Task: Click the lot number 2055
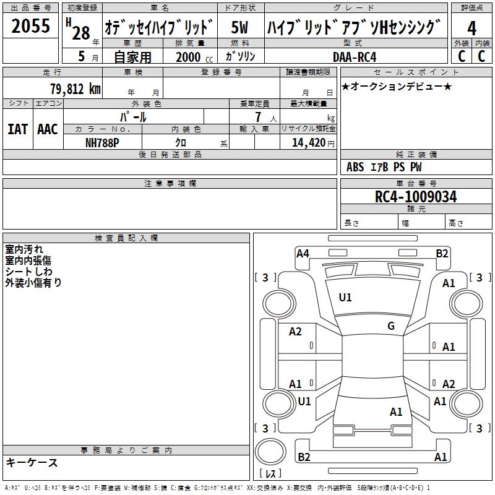30,25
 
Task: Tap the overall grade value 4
471,28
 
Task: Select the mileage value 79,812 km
75,88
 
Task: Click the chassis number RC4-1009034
416,196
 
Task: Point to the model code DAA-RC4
355,57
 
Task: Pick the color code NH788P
102,143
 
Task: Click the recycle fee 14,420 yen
313,143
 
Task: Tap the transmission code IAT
17,129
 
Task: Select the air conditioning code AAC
48,129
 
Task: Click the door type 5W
239,27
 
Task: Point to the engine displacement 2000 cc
194,57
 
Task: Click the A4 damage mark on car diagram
303,254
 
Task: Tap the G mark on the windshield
391,326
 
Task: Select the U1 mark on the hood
345,298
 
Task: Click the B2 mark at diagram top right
442,254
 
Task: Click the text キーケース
32,463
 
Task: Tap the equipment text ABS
355,167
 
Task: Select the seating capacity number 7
258,117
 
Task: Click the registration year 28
81,33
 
